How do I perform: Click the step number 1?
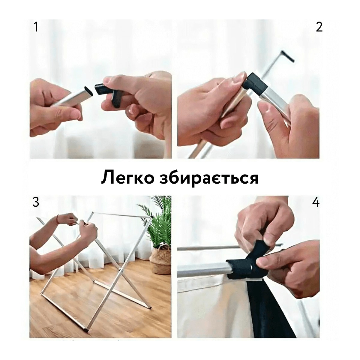pos(36,27)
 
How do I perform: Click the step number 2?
pos(319,27)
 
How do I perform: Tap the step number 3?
pos(36,202)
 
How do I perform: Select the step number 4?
pos(316,202)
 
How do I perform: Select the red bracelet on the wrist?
pos(57,220)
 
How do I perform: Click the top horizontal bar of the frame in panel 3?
pos(122,215)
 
